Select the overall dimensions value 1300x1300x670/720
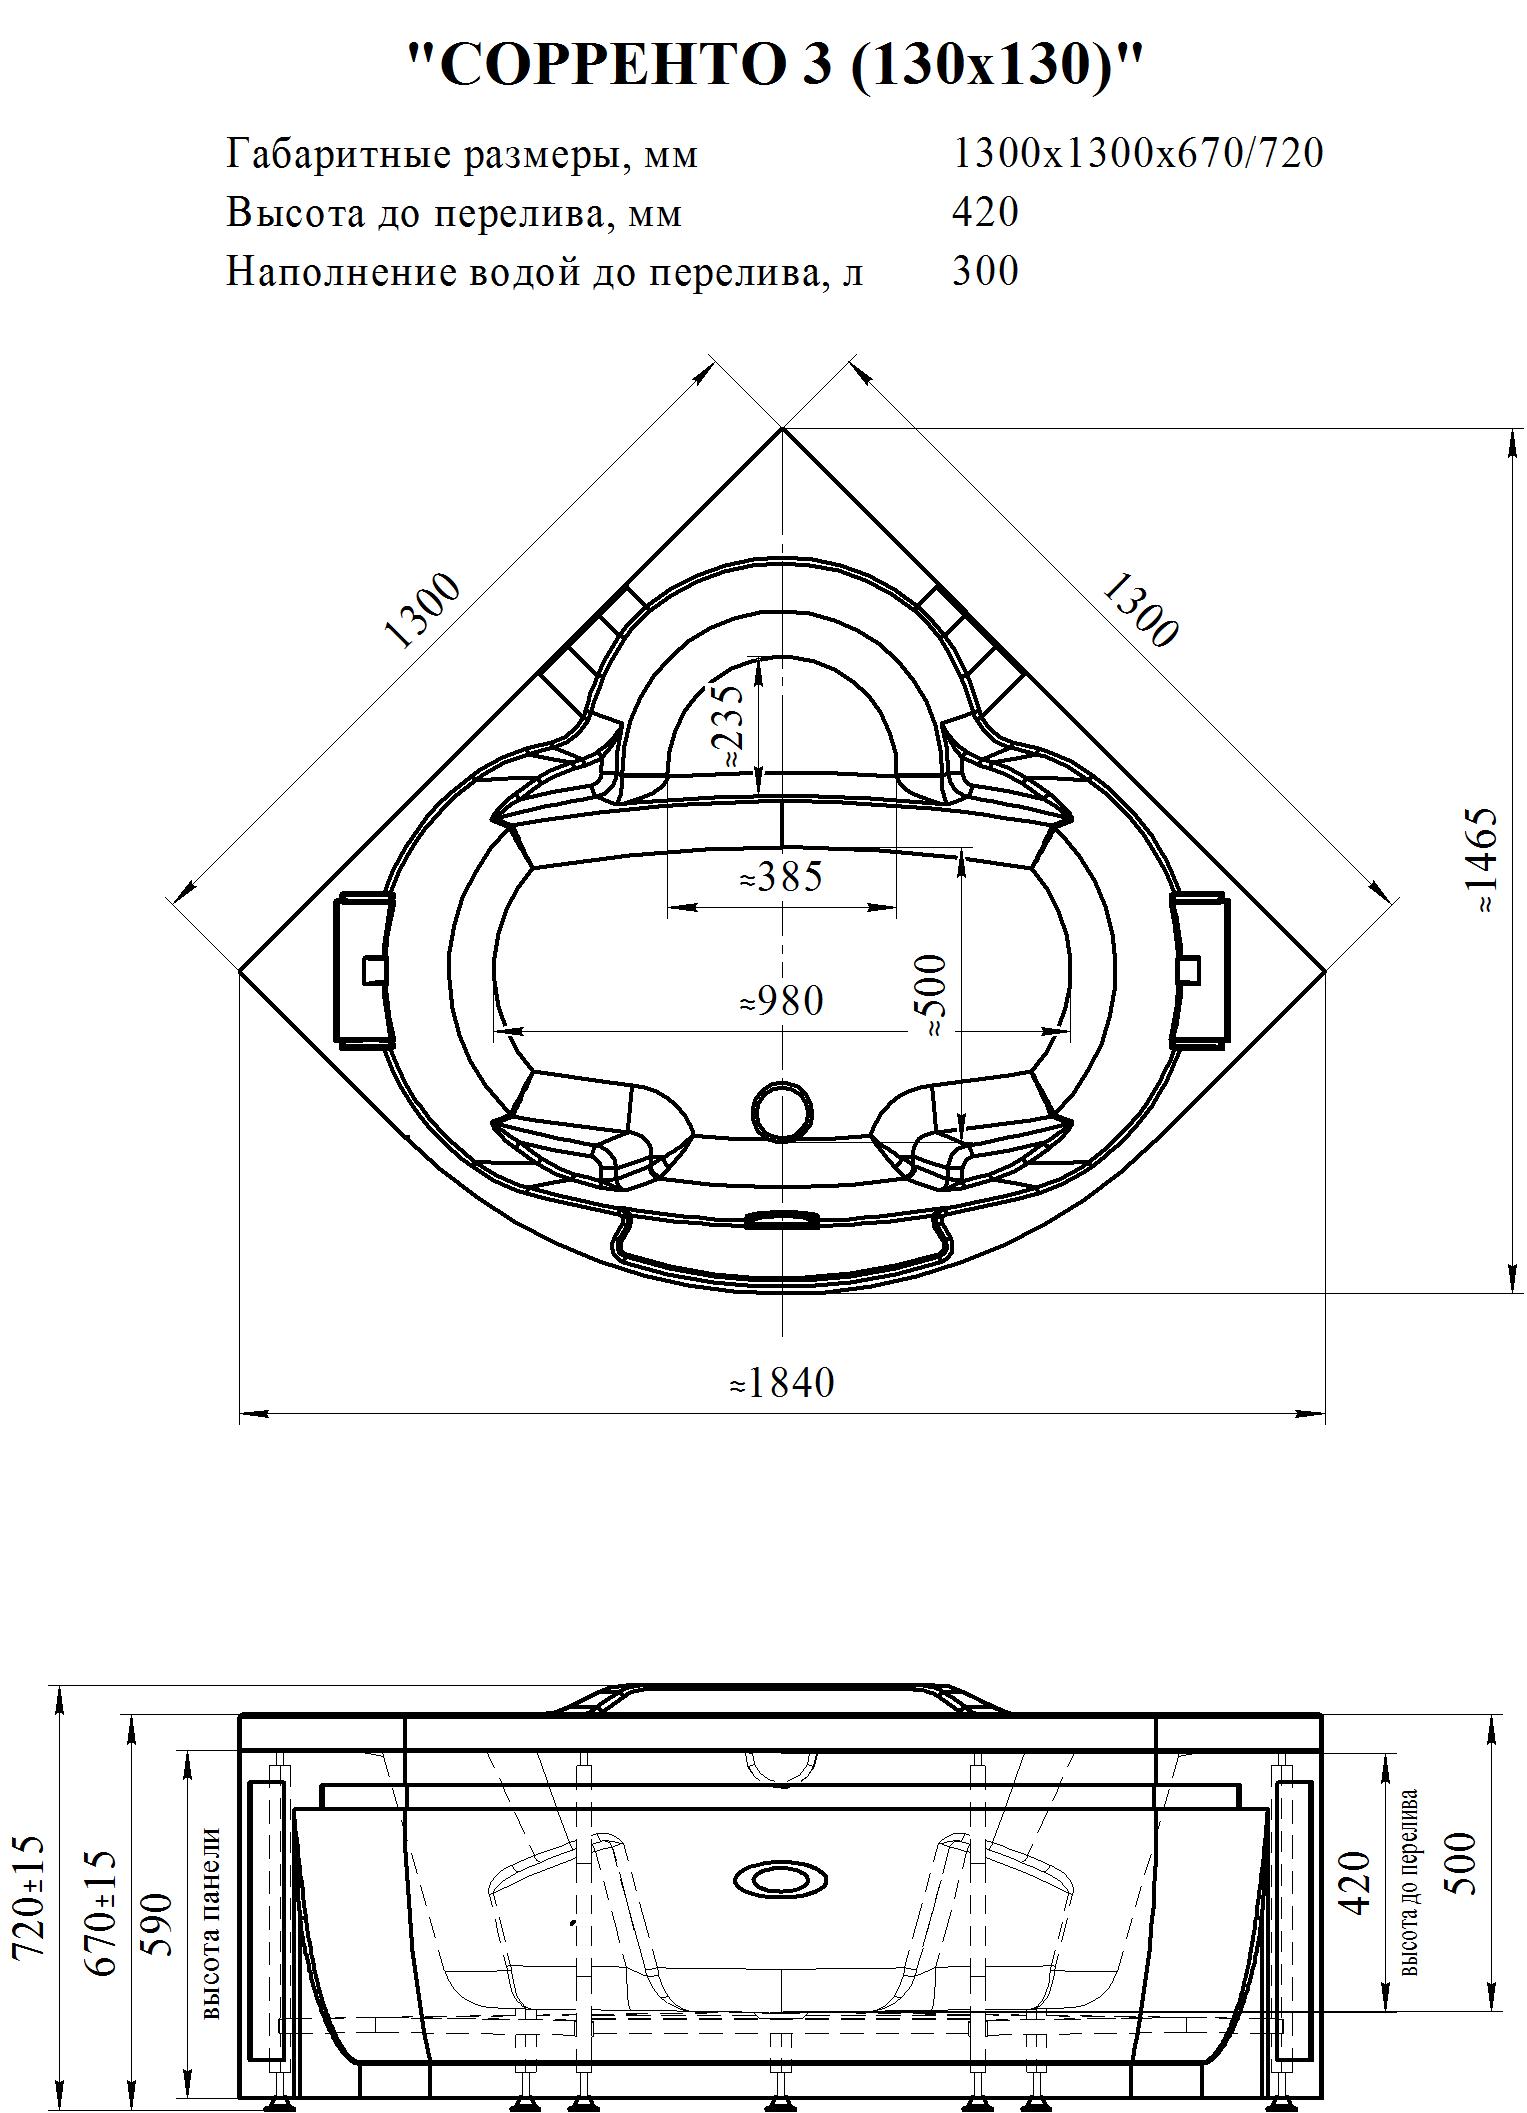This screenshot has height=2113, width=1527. click(1138, 154)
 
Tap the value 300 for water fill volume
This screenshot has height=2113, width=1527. click(985, 270)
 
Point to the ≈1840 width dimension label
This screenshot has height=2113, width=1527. click(781, 1382)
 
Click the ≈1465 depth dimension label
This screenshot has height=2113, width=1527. click(1483, 860)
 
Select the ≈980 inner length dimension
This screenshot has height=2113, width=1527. click(781, 1000)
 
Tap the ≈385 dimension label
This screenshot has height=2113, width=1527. click(781, 876)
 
